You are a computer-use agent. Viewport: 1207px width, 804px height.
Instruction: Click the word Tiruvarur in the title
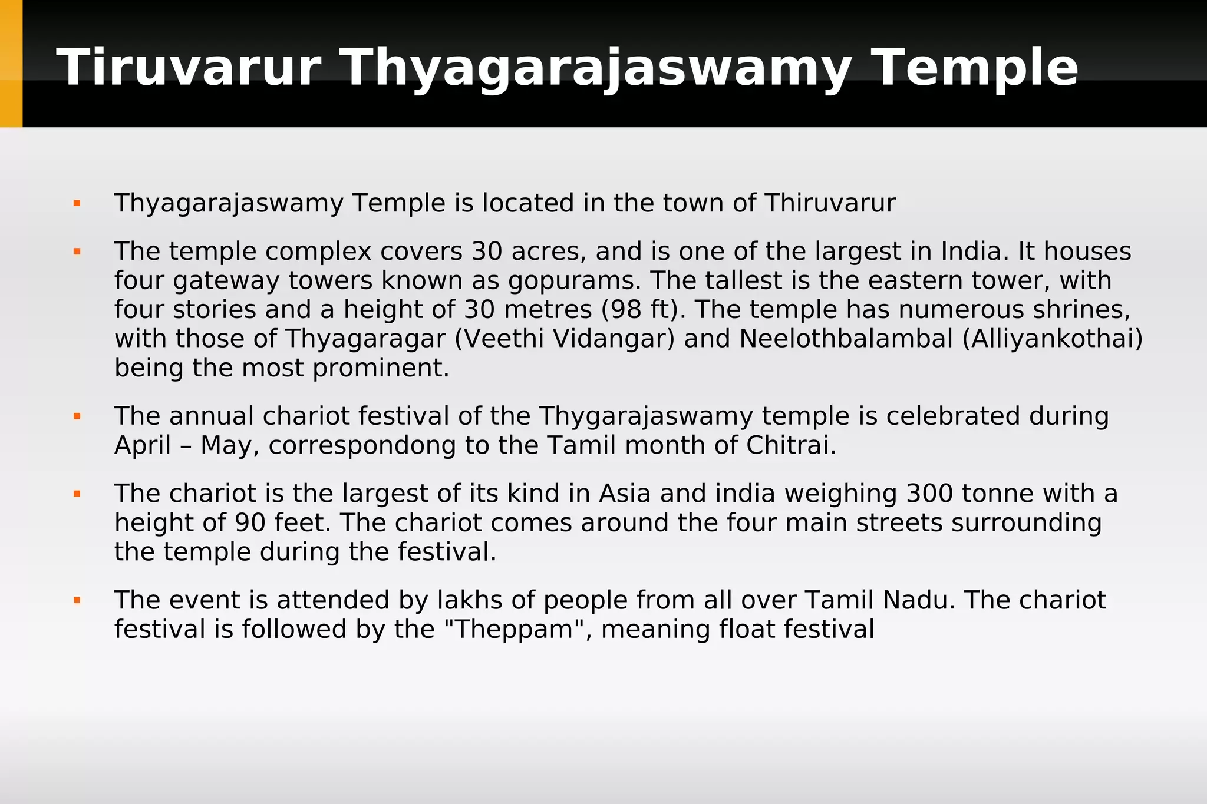189,68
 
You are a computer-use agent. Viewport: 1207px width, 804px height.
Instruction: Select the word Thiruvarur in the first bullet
830,203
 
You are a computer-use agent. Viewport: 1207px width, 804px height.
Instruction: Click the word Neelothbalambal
846,339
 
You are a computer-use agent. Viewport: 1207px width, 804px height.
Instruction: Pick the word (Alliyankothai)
1053,339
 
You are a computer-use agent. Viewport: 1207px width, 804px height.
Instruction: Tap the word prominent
381,368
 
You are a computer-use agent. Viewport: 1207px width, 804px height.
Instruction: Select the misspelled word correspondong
362,446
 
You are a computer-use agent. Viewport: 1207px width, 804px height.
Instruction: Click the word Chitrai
791,445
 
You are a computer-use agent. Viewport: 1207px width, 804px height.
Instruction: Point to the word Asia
625,494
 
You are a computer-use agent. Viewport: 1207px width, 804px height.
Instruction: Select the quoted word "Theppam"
512,629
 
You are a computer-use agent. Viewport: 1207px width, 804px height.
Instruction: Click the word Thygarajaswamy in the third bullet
645,416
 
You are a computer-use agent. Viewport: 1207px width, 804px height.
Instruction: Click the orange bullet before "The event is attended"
77,601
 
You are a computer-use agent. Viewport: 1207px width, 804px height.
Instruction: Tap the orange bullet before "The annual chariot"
77,416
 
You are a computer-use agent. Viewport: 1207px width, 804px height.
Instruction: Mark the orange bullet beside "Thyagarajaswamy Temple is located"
77,204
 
